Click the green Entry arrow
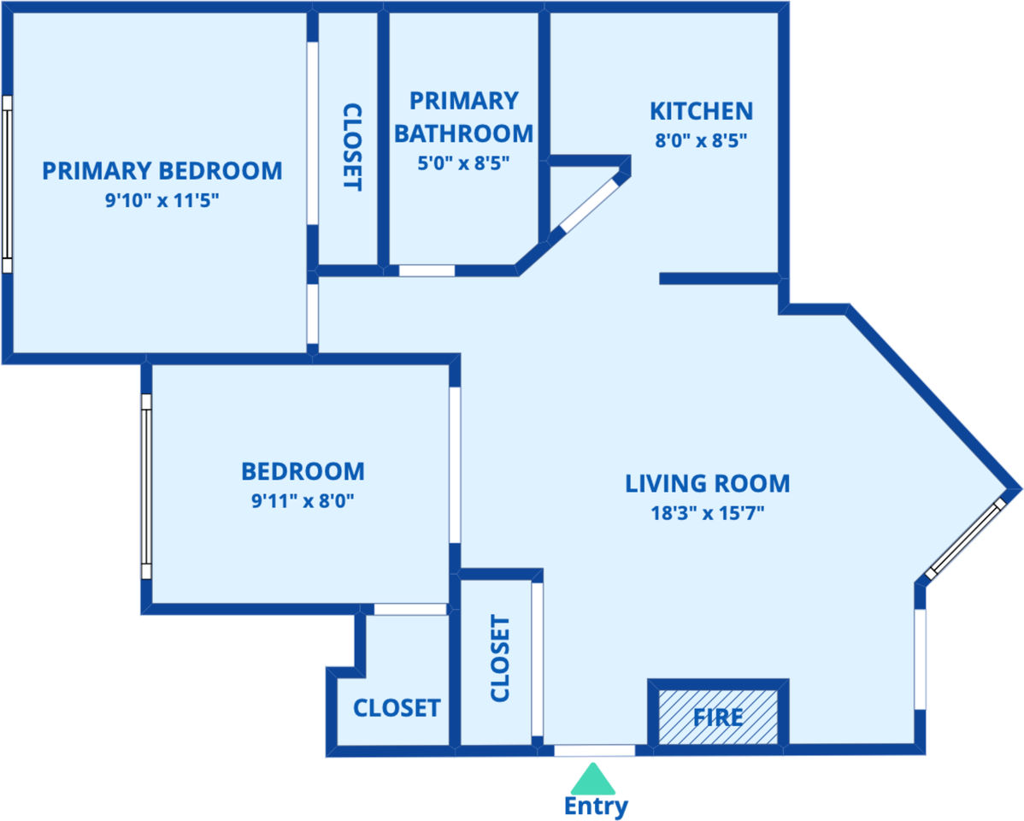pyautogui.click(x=593, y=778)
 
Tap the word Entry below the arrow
pyautogui.click(x=596, y=806)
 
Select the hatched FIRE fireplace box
pyautogui.click(x=718, y=717)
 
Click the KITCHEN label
pyautogui.click(x=702, y=111)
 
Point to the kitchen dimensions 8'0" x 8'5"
pyautogui.click(x=702, y=140)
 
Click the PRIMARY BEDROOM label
pyautogui.click(x=162, y=170)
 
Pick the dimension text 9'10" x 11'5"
pyautogui.click(x=162, y=200)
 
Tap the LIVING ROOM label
pyautogui.click(x=707, y=484)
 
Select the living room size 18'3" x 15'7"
pyautogui.click(x=707, y=513)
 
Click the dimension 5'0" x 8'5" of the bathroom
pyautogui.click(x=463, y=162)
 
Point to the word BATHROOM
pyautogui.click(x=463, y=133)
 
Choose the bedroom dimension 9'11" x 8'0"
pyautogui.click(x=303, y=500)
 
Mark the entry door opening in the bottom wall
pyautogui.click(x=594, y=750)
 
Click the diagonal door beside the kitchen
pyautogui.click(x=589, y=205)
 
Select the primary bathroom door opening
pyautogui.click(x=427, y=270)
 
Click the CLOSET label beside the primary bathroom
pyautogui.click(x=352, y=147)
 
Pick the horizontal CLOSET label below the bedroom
pyautogui.click(x=397, y=708)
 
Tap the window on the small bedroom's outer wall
pyautogui.click(x=146, y=487)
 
